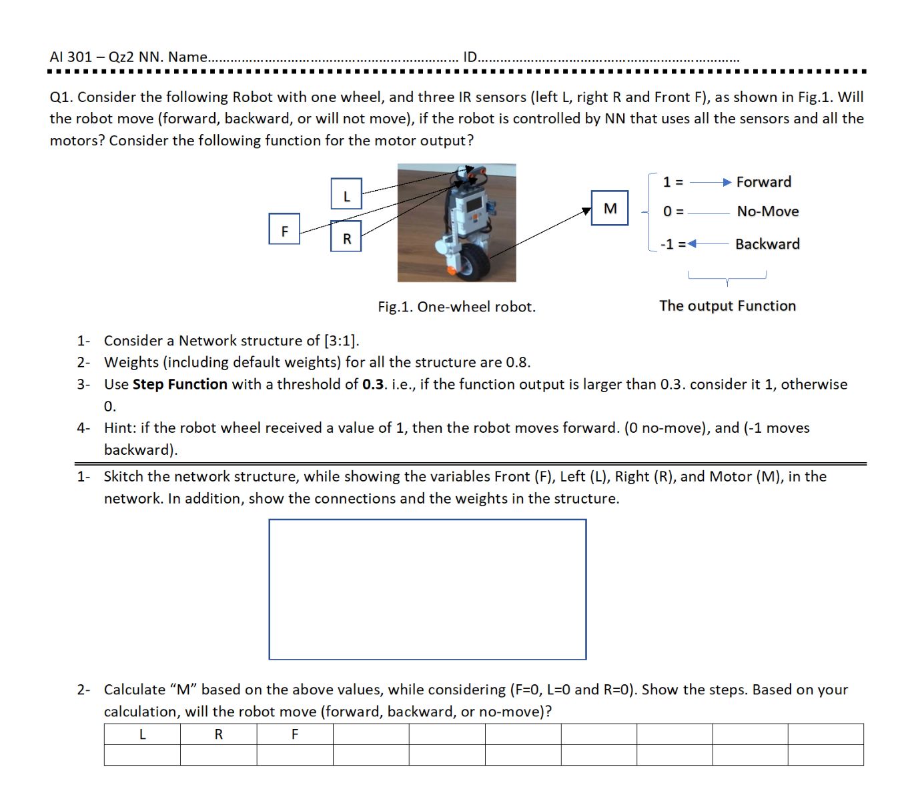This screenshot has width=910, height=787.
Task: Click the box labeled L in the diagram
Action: (x=346, y=194)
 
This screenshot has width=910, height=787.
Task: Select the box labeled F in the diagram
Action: (x=284, y=229)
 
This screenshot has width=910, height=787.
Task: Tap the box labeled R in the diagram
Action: (x=346, y=236)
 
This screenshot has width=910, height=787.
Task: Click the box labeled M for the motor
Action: (x=610, y=208)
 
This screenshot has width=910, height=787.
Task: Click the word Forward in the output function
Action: (x=763, y=182)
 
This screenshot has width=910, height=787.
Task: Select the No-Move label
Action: (x=767, y=211)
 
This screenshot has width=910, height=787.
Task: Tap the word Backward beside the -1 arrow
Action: (x=767, y=244)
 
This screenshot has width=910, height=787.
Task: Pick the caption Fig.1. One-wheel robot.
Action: (x=456, y=307)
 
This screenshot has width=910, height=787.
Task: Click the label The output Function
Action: (x=727, y=306)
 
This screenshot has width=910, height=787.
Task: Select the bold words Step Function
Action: (x=179, y=385)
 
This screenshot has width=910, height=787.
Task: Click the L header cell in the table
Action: (x=142, y=734)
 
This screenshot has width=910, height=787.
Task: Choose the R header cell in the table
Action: (x=218, y=734)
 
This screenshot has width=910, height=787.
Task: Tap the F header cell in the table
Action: (x=295, y=734)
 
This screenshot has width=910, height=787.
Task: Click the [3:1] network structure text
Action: (x=341, y=341)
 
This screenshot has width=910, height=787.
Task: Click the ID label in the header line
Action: (x=470, y=57)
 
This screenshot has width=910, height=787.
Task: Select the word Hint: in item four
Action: (x=120, y=428)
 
